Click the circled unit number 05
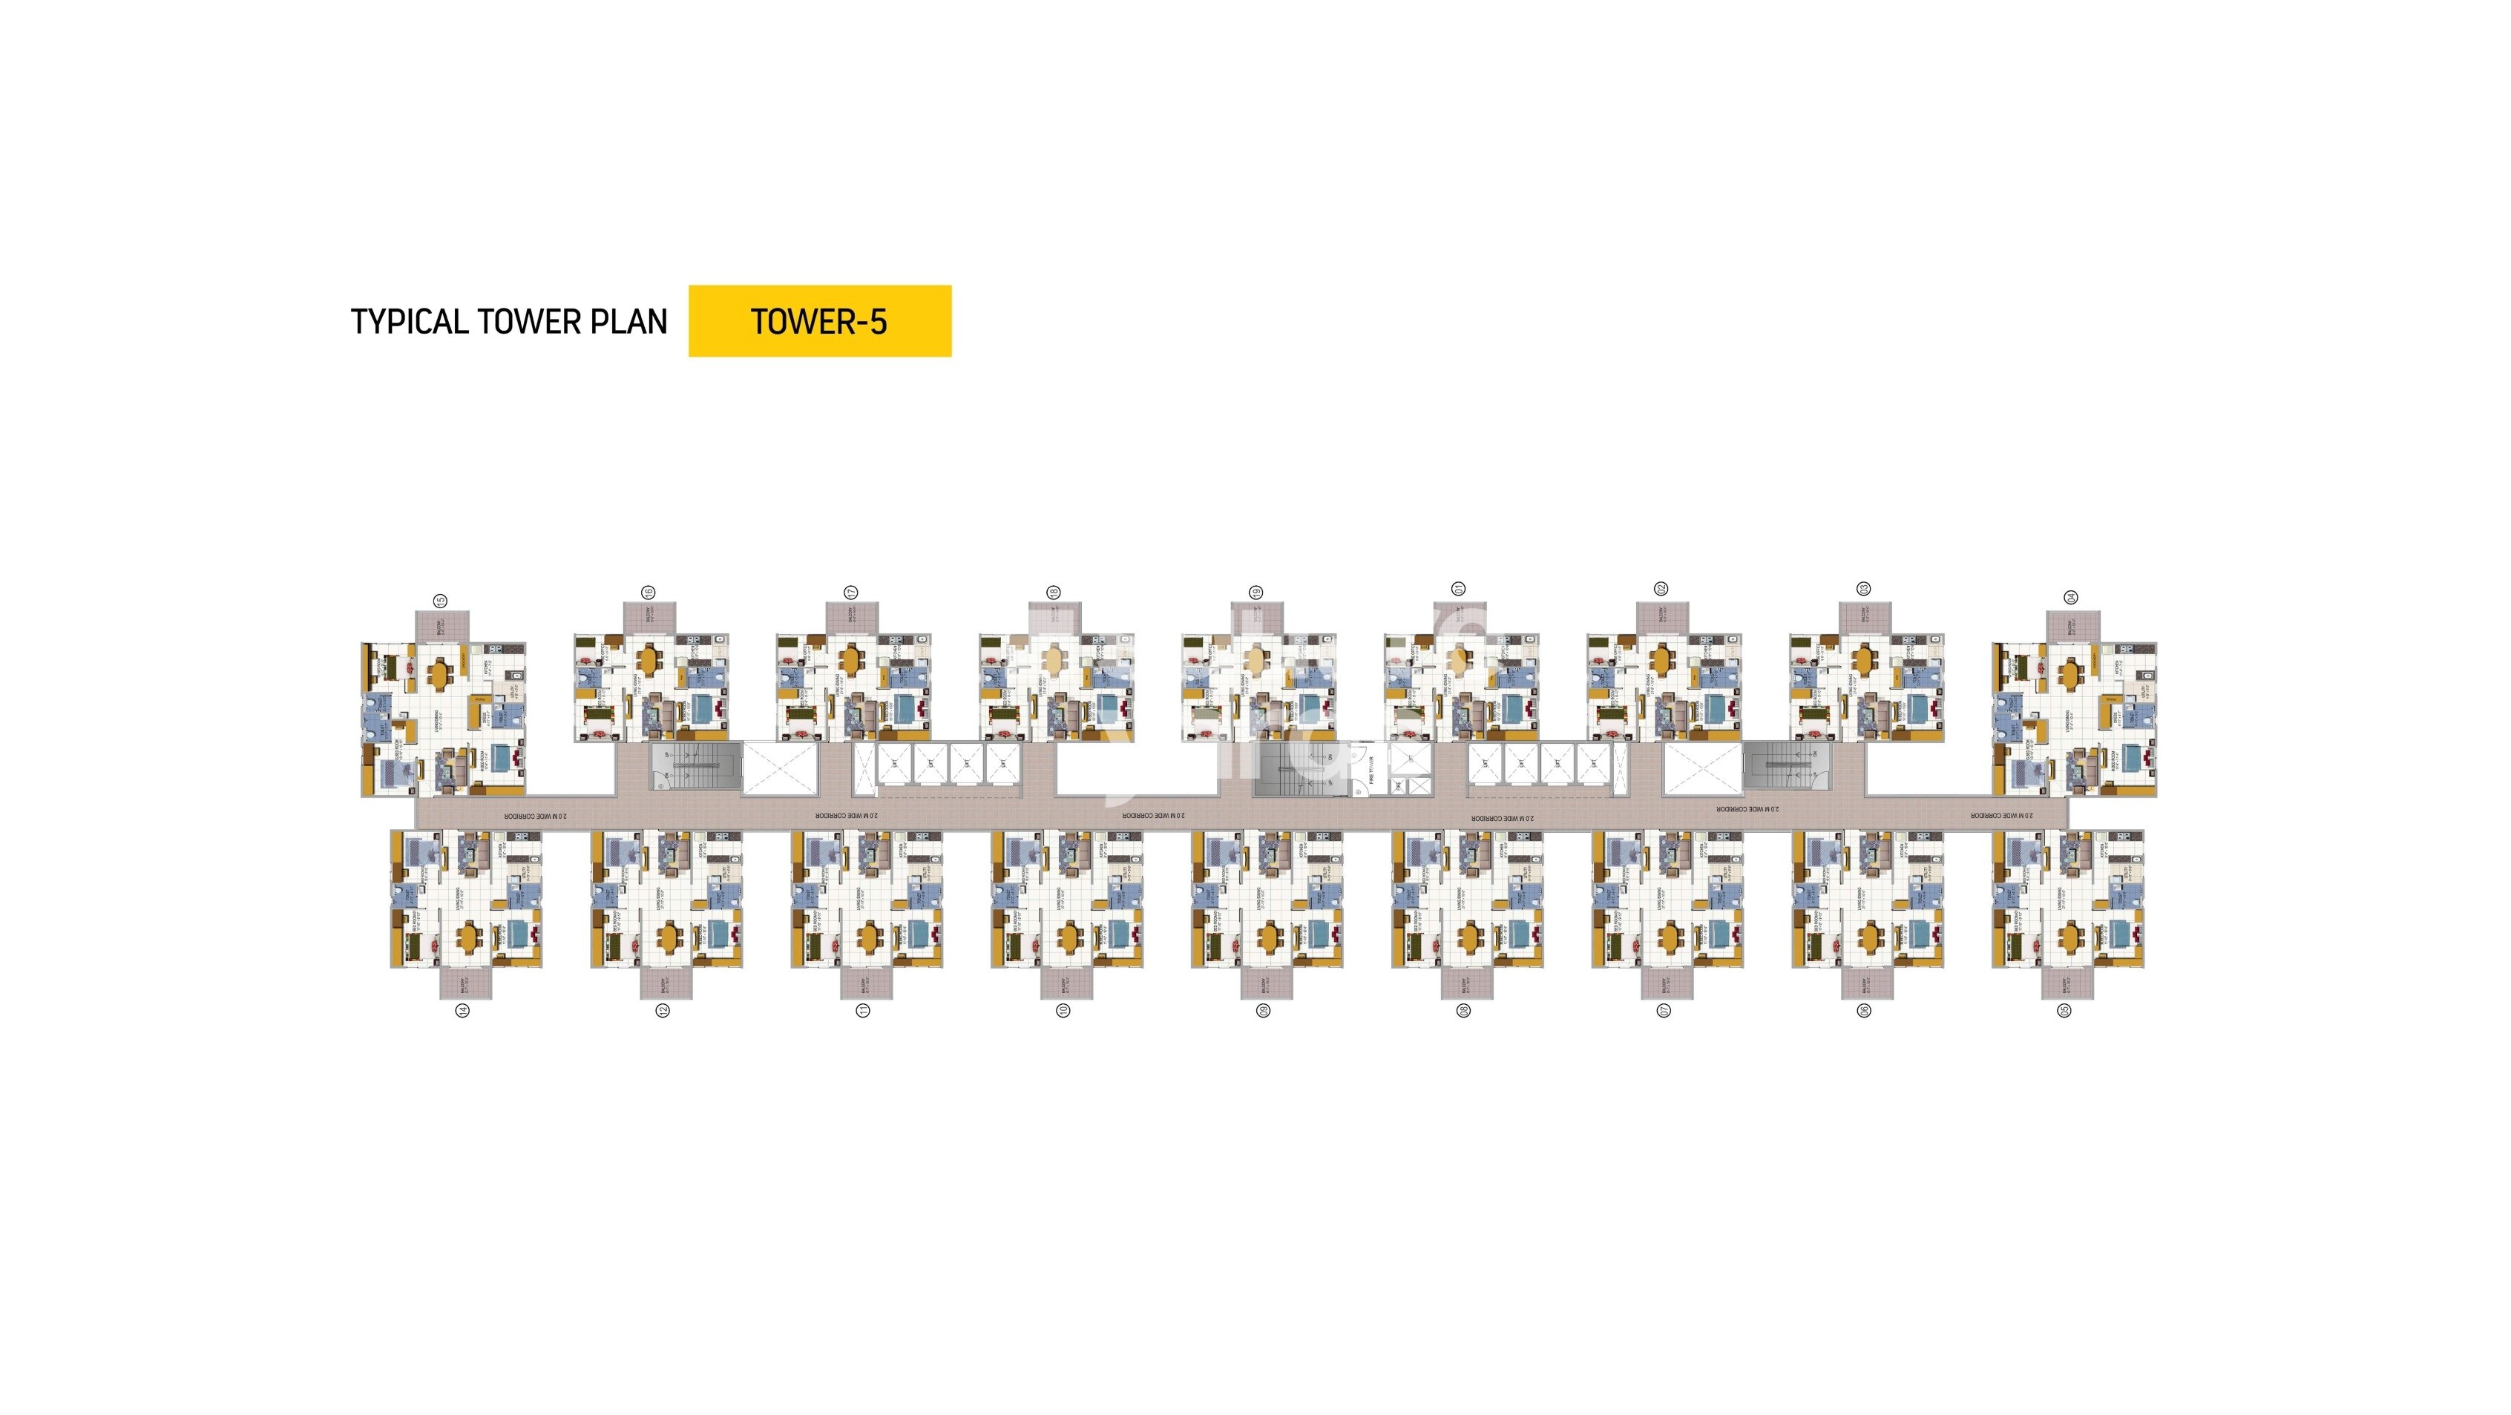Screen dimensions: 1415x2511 (x=2064, y=1011)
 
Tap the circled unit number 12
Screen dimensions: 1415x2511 (x=662, y=1011)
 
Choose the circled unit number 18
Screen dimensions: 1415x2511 (x=1053, y=593)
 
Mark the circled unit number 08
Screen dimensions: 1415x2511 (x=1463, y=1011)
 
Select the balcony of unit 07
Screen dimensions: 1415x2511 (x=1666, y=983)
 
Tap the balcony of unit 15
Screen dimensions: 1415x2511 (x=442, y=626)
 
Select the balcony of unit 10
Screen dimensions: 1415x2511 (x=1066, y=983)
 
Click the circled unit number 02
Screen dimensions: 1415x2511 (x=1661, y=589)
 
